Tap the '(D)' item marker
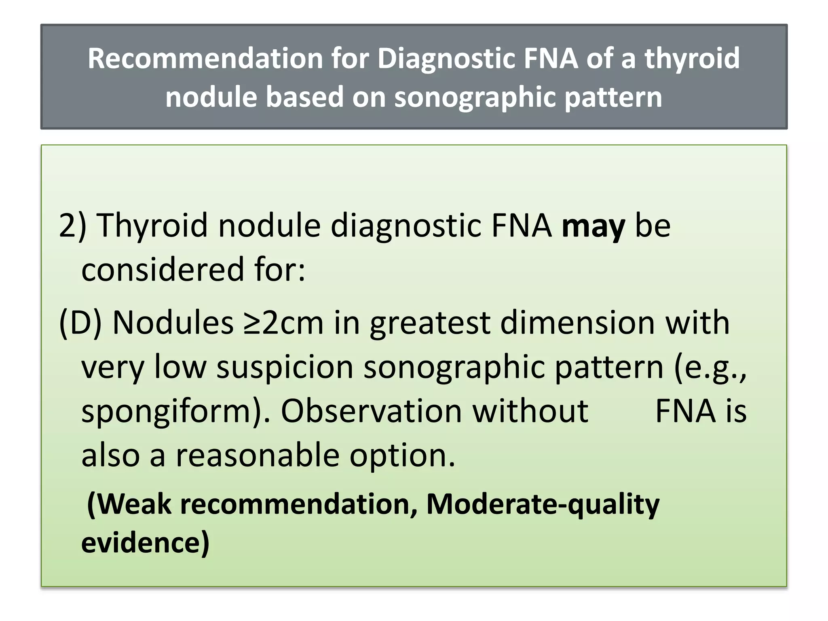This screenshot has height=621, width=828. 80,323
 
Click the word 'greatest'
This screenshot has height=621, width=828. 429,324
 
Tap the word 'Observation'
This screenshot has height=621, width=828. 371,411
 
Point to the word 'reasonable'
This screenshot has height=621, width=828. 257,455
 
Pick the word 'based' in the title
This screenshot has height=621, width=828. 305,97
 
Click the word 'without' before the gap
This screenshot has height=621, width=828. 530,411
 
